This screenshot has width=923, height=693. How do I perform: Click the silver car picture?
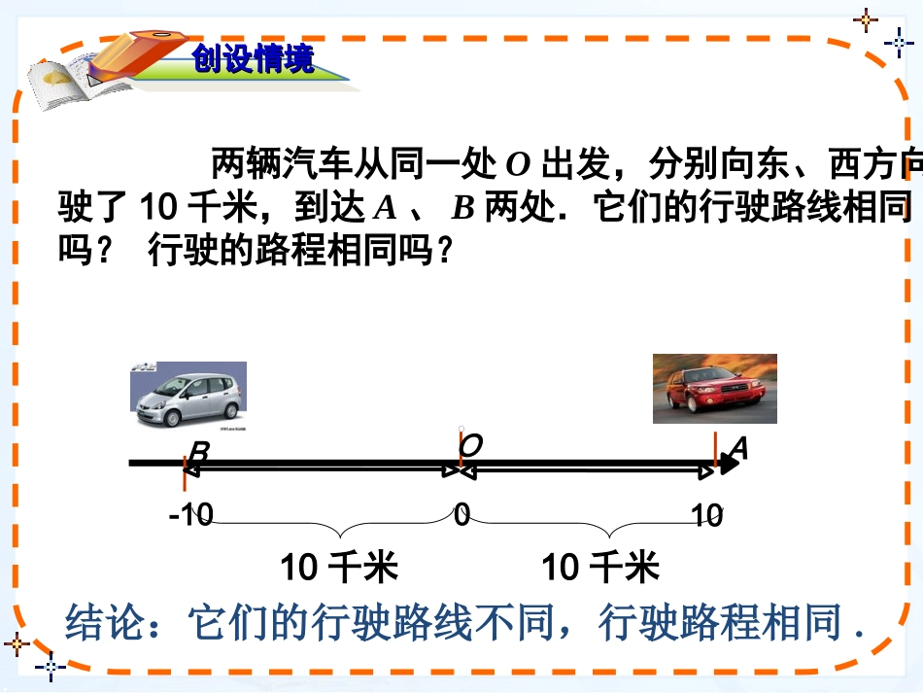[x=188, y=395]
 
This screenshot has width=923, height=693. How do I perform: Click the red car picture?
[x=714, y=389]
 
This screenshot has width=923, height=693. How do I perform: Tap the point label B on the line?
[x=198, y=454]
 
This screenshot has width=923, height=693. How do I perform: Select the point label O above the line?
[x=471, y=446]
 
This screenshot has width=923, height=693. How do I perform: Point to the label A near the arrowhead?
[x=737, y=448]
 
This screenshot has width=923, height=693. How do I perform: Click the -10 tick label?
[x=190, y=514]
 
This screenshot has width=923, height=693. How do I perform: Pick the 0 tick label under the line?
[x=462, y=514]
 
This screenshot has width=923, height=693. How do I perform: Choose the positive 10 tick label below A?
[x=708, y=514]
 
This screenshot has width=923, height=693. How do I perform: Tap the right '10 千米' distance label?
[x=599, y=567]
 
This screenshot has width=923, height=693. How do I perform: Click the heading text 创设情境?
[x=254, y=60]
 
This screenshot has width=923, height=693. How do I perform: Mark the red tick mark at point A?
[x=715, y=449]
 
